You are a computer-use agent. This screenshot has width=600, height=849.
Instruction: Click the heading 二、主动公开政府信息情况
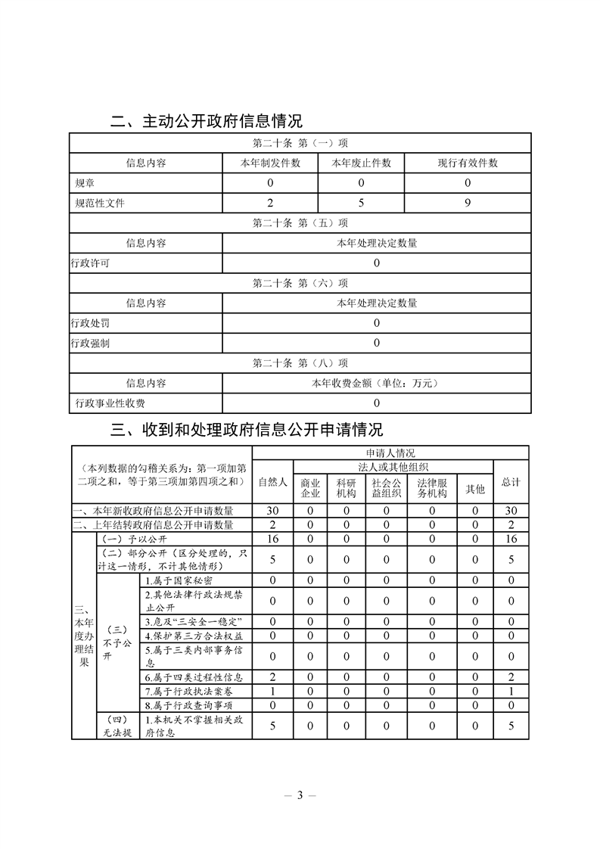(206, 121)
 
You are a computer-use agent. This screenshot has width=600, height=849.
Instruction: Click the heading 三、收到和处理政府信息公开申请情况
(247, 431)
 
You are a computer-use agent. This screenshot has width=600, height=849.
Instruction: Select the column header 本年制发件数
(270, 163)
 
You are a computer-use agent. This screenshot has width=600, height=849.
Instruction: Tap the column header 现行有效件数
(468, 163)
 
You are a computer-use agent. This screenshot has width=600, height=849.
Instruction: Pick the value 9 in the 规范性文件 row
(468, 203)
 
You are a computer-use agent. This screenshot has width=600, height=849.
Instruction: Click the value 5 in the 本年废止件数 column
(361, 203)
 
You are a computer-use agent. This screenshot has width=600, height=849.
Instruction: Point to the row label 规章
(85, 183)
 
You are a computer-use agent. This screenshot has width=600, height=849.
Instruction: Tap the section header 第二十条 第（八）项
(300, 363)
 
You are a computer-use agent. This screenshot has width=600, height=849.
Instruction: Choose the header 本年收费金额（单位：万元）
(376, 384)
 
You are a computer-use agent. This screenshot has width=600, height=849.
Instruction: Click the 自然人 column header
(272, 481)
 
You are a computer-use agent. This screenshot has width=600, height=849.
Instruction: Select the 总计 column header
(511, 481)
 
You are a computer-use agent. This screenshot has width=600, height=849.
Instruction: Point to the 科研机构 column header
(346, 488)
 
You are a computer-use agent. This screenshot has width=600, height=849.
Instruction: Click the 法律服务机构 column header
(431, 488)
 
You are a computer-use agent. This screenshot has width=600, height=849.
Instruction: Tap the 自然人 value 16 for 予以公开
(272, 539)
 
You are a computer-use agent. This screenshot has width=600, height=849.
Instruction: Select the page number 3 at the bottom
(300, 795)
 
